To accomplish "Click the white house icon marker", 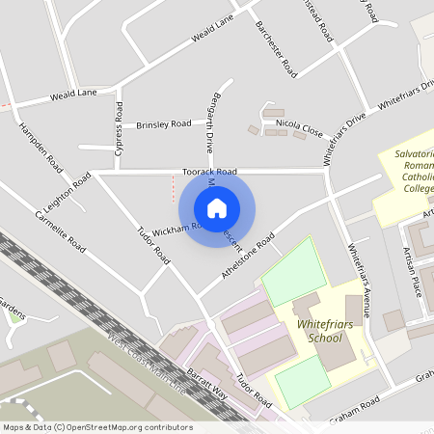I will coord(217,208).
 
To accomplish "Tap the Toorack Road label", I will coord(209,172).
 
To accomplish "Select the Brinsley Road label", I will coord(164,124).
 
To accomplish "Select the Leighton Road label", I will coord(67,194).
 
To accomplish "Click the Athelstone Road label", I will coord(248,256).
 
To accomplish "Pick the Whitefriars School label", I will coord(319,332).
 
